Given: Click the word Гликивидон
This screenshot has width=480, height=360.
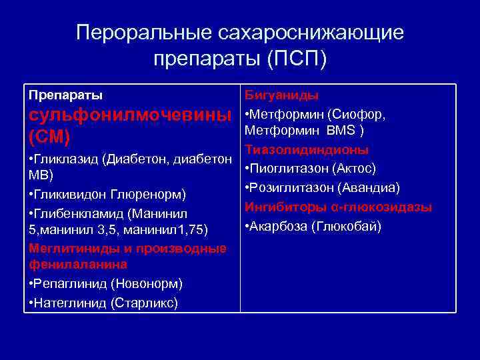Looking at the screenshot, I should (x=69, y=195).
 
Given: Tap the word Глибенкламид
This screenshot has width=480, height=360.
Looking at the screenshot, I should (x=79, y=213).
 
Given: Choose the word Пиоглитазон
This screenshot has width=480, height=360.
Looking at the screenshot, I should (x=286, y=167).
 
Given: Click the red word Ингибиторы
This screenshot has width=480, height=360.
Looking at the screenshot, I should (x=281, y=207).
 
